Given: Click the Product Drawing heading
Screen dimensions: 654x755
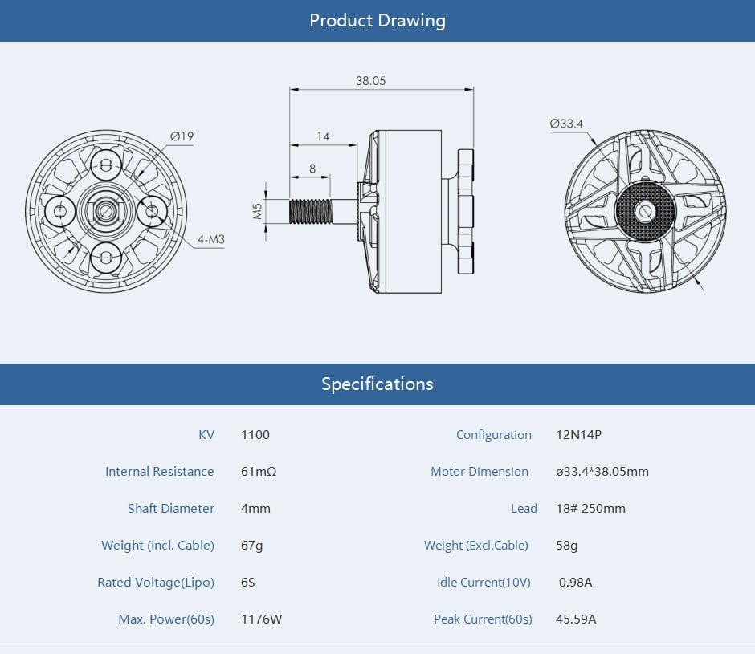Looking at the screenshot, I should (x=377, y=20).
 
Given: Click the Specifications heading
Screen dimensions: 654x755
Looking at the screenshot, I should (x=377, y=384).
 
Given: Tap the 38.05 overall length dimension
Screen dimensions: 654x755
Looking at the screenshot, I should (x=370, y=81).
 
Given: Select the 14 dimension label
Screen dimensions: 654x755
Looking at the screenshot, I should (x=323, y=136).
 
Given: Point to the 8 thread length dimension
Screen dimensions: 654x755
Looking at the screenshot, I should (x=312, y=168).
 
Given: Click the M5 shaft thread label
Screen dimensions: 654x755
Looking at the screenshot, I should (x=258, y=211).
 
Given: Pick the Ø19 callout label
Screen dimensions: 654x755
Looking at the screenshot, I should (x=182, y=136).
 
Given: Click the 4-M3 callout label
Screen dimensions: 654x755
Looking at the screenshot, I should (x=210, y=239).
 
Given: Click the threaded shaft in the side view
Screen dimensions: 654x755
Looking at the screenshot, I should (x=310, y=211).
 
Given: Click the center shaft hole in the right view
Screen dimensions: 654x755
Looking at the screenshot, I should (x=645, y=211).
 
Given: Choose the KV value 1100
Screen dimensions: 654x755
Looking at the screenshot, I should (x=255, y=435).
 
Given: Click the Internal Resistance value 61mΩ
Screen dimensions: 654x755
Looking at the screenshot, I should (x=259, y=472).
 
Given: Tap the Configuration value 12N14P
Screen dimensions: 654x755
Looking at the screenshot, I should (x=578, y=435).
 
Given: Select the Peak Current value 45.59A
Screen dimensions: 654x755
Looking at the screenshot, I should (x=576, y=619).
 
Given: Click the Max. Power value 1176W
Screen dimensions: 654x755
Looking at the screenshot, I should (x=261, y=619).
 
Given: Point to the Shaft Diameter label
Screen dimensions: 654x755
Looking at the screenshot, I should (x=170, y=509).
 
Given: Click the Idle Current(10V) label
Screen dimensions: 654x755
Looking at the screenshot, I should (x=484, y=582).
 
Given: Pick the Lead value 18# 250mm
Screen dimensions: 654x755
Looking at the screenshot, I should (x=590, y=509).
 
